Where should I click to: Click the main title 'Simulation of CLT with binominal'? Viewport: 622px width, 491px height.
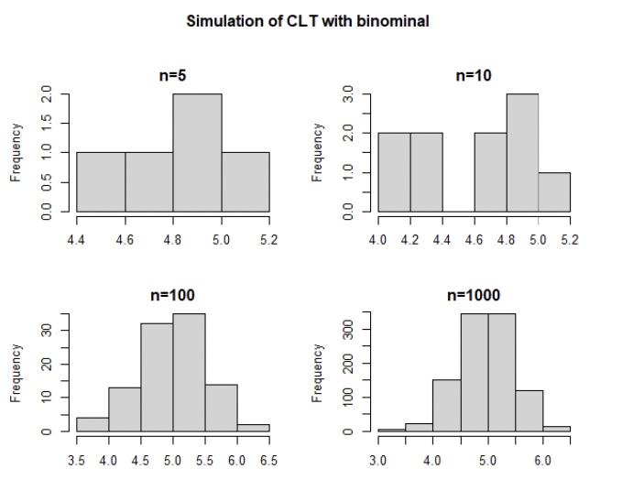click(x=308, y=21)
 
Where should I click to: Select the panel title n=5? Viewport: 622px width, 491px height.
click(x=172, y=76)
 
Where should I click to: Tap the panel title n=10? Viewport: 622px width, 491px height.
click(x=474, y=76)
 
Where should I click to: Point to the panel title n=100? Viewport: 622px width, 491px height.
click(x=172, y=295)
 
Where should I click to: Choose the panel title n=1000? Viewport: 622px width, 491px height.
click(x=474, y=295)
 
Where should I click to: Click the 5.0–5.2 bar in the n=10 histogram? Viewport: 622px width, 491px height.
click(x=554, y=192)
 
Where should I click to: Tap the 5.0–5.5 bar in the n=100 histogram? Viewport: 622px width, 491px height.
click(x=189, y=372)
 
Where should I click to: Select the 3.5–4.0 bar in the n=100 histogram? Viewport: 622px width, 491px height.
click(x=93, y=424)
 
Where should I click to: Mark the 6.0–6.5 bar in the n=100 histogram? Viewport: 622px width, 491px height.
click(x=253, y=427)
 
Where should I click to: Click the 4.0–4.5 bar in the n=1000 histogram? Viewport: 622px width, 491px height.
click(x=446, y=405)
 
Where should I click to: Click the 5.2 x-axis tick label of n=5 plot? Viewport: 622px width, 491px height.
click(x=268, y=240)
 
